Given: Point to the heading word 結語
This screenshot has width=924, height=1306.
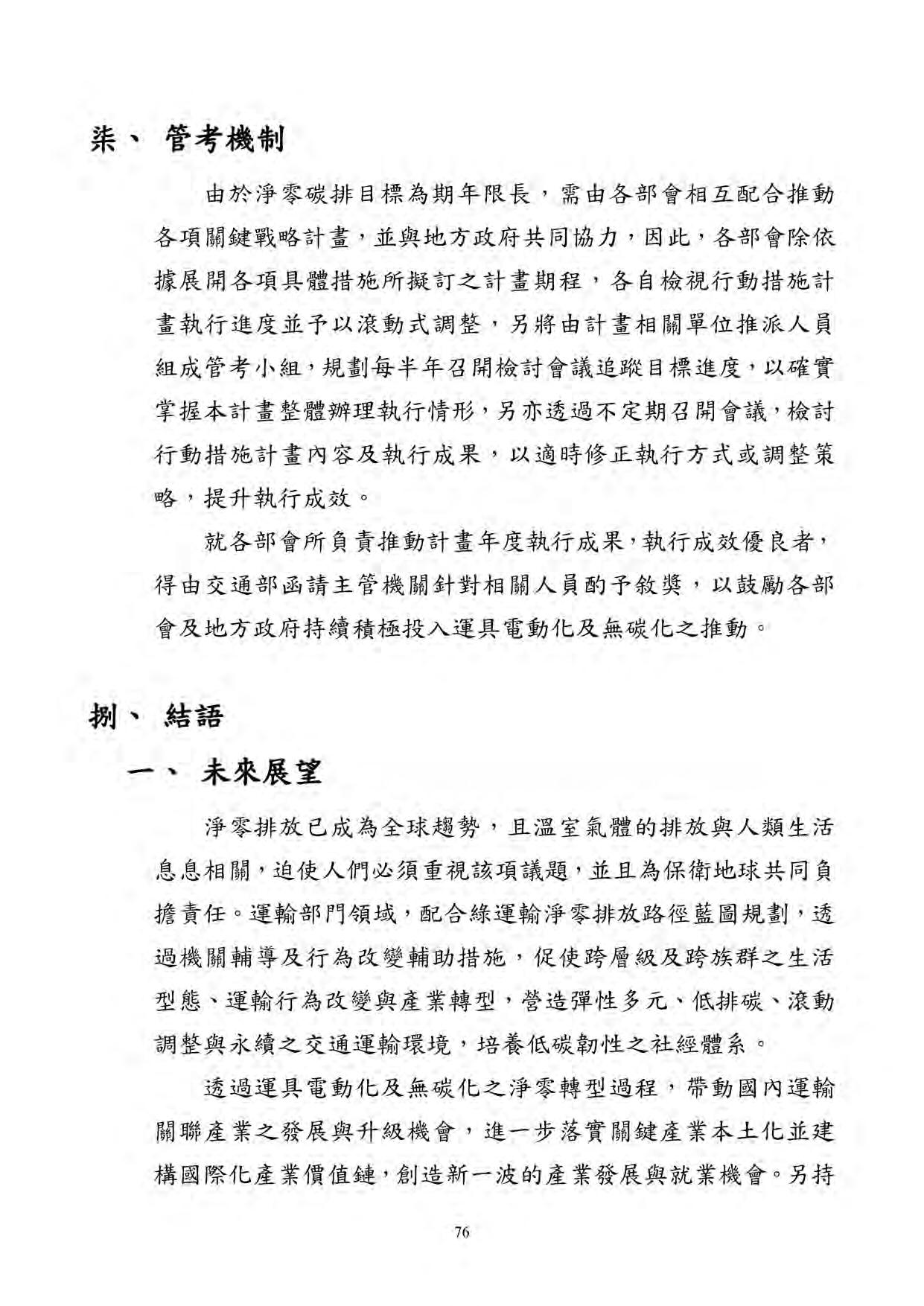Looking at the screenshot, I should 192,717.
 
